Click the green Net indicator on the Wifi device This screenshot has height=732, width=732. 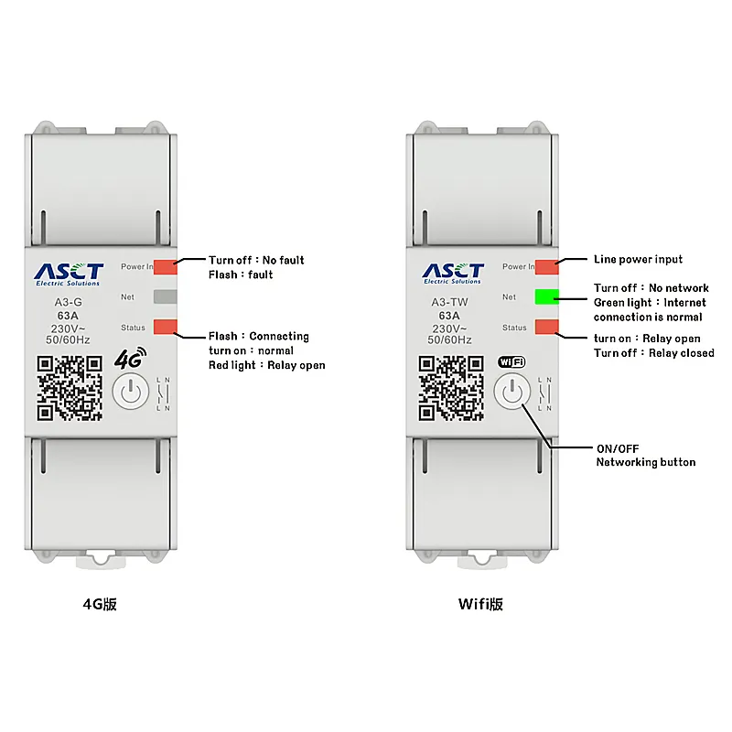tap(546, 296)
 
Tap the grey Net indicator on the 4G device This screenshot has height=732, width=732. tap(165, 296)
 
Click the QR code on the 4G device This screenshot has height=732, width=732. tap(69, 387)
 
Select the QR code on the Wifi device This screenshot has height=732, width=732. tap(450, 387)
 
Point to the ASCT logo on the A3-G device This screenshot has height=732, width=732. tap(69, 273)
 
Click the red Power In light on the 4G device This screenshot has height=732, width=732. tap(165, 266)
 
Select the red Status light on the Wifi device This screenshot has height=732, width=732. tap(546, 327)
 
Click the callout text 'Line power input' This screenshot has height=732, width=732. tap(638, 260)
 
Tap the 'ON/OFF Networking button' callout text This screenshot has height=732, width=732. tap(645, 456)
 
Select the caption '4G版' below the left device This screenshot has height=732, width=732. tap(100, 605)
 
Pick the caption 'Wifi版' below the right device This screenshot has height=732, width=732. tap(481, 605)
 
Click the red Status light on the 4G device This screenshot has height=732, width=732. tap(165, 327)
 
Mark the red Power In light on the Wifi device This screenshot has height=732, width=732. tap(546, 266)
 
